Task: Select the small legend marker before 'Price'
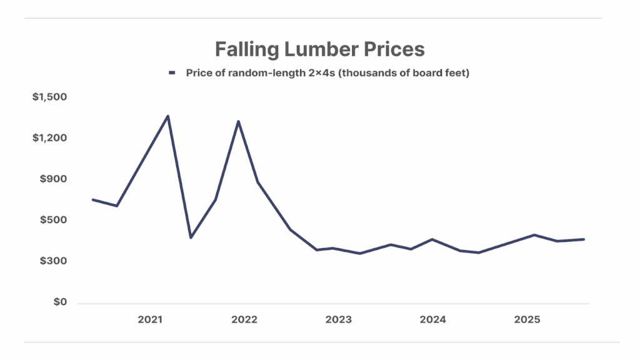pos(172,73)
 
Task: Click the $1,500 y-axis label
pos(49,97)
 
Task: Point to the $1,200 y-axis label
pos(49,138)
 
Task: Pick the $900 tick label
pos(53,179)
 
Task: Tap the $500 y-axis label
pos(53,220)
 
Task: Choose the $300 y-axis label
pos(53,261)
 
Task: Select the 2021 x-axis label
pos(150,320)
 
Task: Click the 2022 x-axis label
pos(244,320)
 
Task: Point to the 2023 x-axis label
pos(339,320)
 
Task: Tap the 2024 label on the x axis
pos(432,320)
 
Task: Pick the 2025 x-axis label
pos(527,320)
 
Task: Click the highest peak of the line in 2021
pos(167,116)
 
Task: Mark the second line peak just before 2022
pos(238,121)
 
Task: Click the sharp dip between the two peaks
pos(191,237)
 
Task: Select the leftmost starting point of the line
pos(92,199)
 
